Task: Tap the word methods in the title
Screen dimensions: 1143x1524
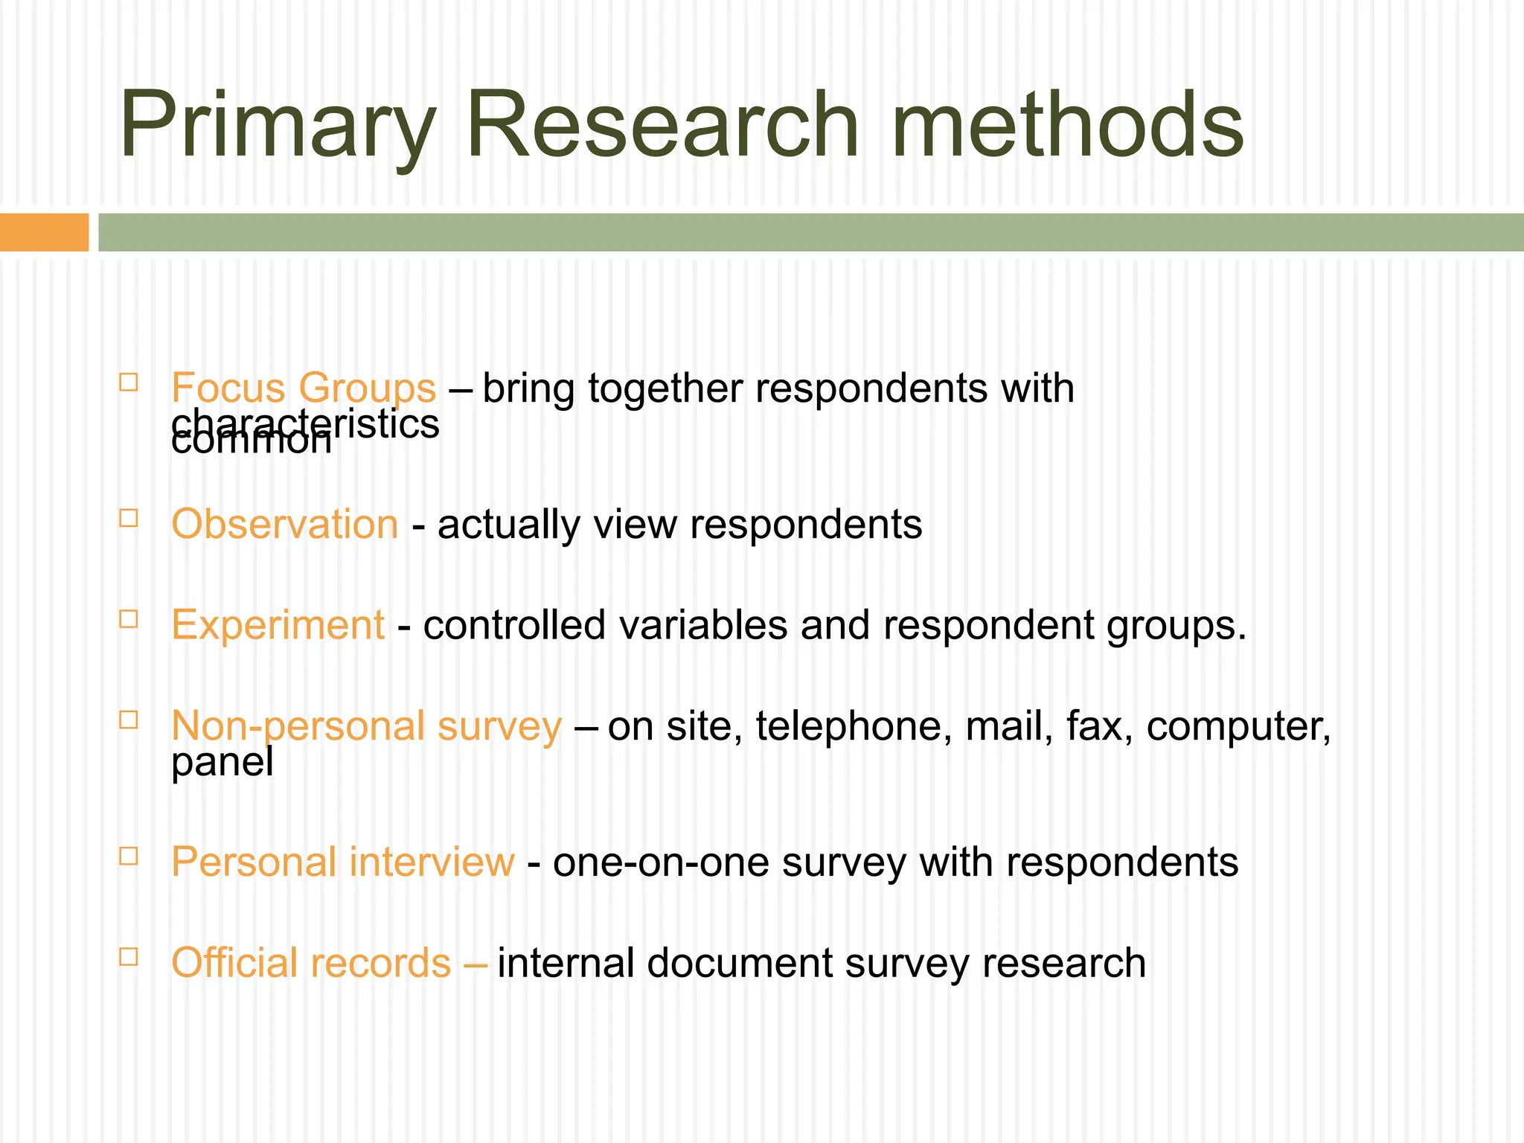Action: pyautogui.click(x=1066, y=125)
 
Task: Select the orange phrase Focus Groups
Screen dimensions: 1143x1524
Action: pyautogui.click(x=303, y=388)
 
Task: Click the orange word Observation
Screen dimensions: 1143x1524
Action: pyautogui.click(x=284, y=524)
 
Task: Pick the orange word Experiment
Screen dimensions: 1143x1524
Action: pyautogui.click(x=278, y=624)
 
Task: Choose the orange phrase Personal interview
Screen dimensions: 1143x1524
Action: pyautogui.click(x=342, y=862)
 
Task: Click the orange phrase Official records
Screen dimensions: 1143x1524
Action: pyautogui.click(x=311, y=962)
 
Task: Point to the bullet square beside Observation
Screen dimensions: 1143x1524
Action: pyautogui.click(x=129, y=518)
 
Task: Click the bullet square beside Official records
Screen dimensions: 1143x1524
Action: pyautogui.click(x=129, y=956)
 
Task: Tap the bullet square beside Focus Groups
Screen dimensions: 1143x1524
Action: pyautogui.click(x=129, y=382)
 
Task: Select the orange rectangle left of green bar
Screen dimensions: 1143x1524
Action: pyautogui.click(x=44, y=232)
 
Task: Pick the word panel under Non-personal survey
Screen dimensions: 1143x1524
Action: pyautogui.click(x=222, y=763)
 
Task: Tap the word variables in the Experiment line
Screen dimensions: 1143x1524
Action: pyautogui.click(x=702, y=624)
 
